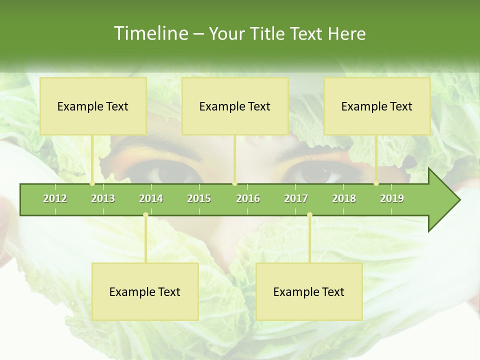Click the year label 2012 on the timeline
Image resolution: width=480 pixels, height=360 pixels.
pyautogui.click(x=55, y=199)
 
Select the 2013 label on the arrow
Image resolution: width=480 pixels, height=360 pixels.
pyautogui.click(x=103, y=199)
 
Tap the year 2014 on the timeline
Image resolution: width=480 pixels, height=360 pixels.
pyautogui.click(x=151, y=199)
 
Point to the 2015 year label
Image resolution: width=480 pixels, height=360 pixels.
pyautogui.click(x=199, y=199)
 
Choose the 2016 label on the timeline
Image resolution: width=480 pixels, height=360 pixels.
pyautogui.click(x=248, y=199)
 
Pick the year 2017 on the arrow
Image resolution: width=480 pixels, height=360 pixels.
pyautogui.click(x=296, y=199)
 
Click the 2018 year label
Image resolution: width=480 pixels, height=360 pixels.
pyautogui.click(x=344, y=199)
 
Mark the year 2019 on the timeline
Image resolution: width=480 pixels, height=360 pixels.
pyautogui.click(x=392, y=199)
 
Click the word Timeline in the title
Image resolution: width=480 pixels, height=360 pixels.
pyautogui.click(x=150, y=33)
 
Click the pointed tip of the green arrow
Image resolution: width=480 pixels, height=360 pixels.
pyautogui.click(x=459, y=200)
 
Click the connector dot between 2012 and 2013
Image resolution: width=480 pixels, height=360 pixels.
pyautogui.click(x=92, y=183)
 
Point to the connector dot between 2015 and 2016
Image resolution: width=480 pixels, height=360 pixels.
pyautogui.click(x=234, y=183)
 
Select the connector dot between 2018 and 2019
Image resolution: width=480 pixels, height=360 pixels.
pyautogui.click(x=376, y=183)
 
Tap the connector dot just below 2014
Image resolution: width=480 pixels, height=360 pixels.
pyautogui.click(x=145, y=215)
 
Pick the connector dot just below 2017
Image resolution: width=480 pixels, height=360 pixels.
pyautogui.click(x=309, y=215)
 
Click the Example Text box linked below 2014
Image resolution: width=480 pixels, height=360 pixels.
pyautogui.click(x=145, y=292)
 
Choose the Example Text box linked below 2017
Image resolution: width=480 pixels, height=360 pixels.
pyautogui.click(x=309, y=292)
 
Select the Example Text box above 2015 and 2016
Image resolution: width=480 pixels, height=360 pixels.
pyautogui.click(x=235, y=106)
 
